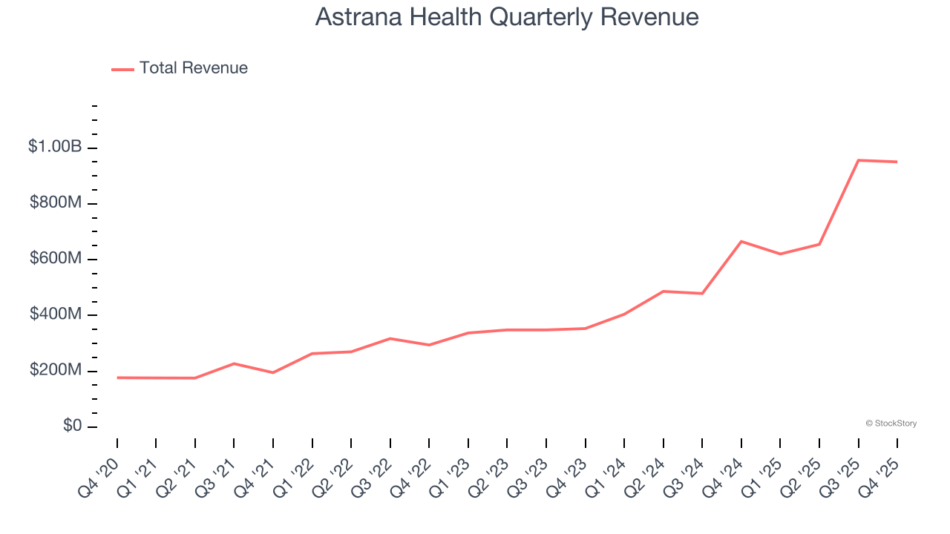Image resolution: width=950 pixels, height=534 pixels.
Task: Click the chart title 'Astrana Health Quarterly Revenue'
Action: (x=507, y=16)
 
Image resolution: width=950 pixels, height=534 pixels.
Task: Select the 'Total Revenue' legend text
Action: (x=193, y=68)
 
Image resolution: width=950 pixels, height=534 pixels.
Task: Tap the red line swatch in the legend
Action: (x=122, y=69)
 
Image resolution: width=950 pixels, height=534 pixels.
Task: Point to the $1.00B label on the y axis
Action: (x=55, y=147)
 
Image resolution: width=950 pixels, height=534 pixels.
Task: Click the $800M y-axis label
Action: (x=56, y=203)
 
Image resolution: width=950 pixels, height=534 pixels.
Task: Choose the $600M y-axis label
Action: (x=56, y=259)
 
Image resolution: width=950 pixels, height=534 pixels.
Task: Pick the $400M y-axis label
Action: (x=56, y=314)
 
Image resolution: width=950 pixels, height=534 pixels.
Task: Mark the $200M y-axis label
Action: (x=56, y=370)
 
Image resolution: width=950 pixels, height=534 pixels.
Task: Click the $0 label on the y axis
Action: (x=72, y=426)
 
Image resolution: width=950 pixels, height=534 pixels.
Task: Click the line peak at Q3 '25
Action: (x=858, y=160)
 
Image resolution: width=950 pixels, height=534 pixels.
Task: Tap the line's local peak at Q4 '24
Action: (x=741, y=241)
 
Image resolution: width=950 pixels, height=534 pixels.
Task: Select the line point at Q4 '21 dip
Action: (x=273, y=372)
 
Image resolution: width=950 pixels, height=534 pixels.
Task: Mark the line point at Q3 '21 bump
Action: (x=234, y=363)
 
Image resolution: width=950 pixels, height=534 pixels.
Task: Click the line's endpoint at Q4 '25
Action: (x=897, y=162)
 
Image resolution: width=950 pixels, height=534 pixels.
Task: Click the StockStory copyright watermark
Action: (x=891, y=423)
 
